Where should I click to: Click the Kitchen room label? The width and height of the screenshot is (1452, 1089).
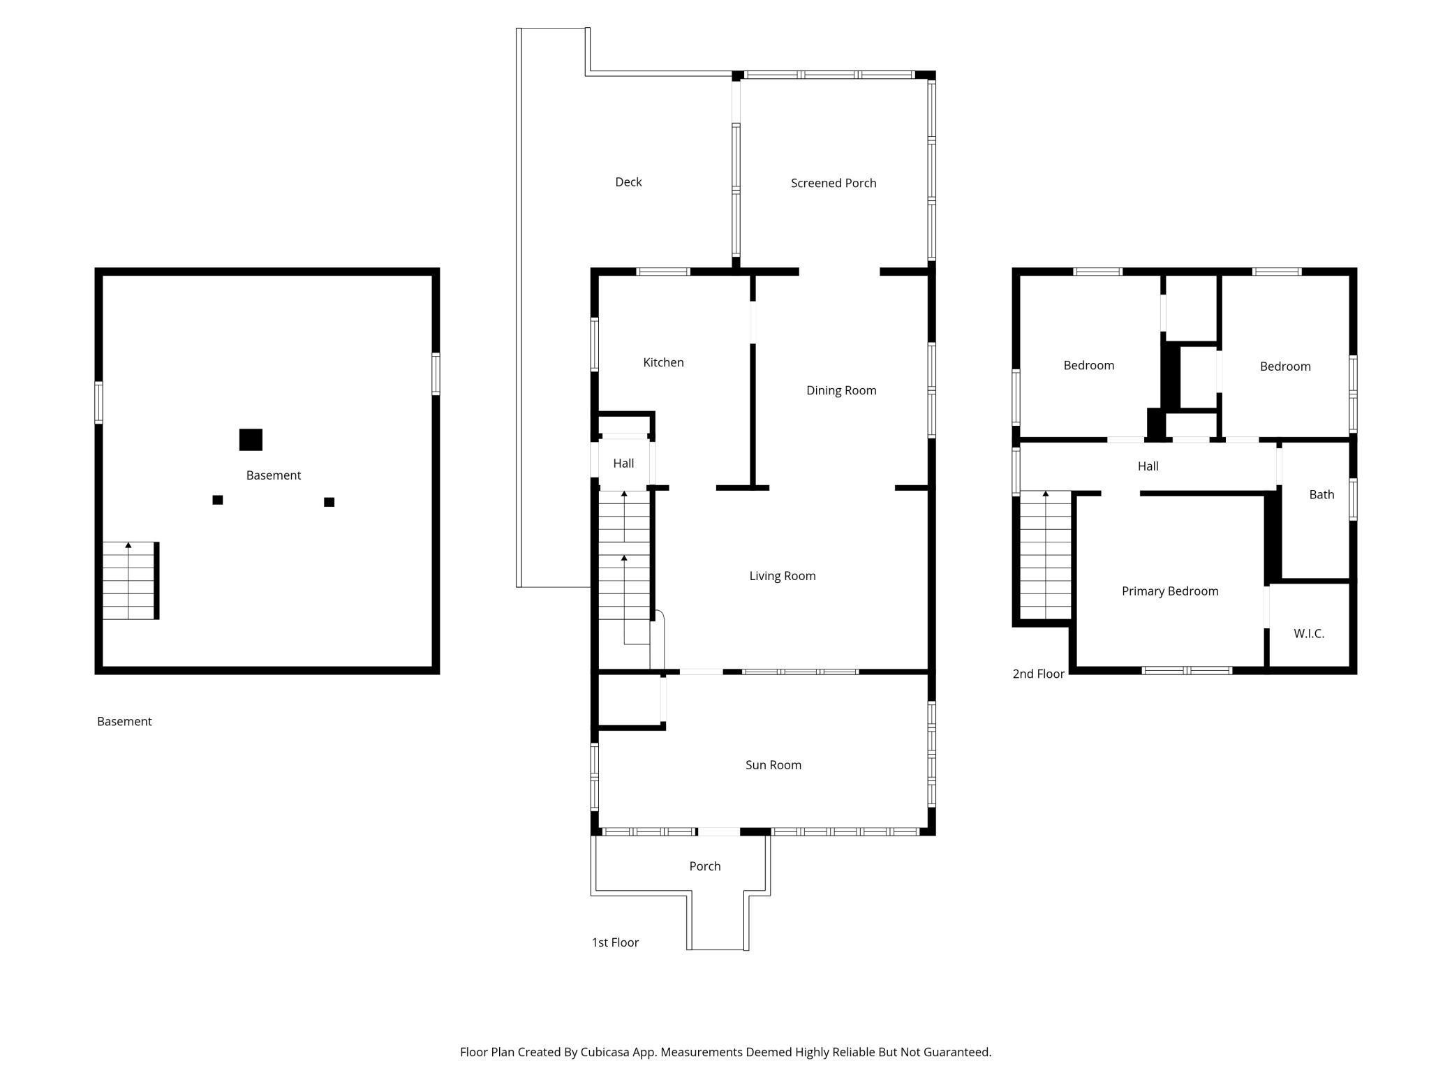(663, 362)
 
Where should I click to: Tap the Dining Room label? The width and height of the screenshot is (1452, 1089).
(841, 391)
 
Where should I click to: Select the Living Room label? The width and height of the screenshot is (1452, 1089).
(783, 576)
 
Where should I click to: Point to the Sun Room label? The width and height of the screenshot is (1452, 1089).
(773, 765)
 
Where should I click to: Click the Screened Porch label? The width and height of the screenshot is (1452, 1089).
(834, 183)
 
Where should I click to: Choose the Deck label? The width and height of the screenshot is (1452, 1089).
(628, 182)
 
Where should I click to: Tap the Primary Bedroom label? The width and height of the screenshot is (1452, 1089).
(1170, 591)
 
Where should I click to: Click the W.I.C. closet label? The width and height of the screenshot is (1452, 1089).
(1309, 634)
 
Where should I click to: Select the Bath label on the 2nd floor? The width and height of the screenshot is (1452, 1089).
(1321, 495)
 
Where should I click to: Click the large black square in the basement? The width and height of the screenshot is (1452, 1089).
(251, 440)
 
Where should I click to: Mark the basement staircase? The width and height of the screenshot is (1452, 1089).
(129, 581)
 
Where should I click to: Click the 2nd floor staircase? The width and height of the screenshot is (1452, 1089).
(1046, 555)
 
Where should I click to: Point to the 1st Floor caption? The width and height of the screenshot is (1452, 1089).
(615, 942)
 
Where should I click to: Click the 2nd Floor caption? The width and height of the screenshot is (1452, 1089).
(1039, 674)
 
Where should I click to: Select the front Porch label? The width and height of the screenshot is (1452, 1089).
(705, 866)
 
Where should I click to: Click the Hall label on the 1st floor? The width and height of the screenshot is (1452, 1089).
(623, 464)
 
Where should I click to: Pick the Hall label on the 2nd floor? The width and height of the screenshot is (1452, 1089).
(1148, 466)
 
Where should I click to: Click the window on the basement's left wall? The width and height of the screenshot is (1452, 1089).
(98, 403)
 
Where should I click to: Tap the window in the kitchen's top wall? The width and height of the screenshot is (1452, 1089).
(663, 272)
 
